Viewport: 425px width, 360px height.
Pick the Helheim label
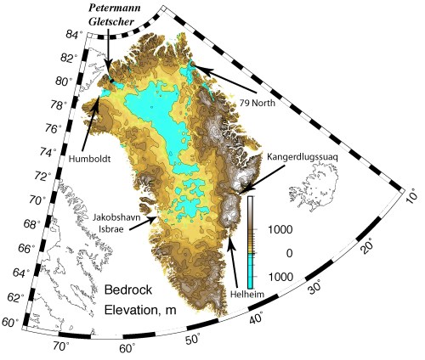pyautogui.click(x=243, y=293)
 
